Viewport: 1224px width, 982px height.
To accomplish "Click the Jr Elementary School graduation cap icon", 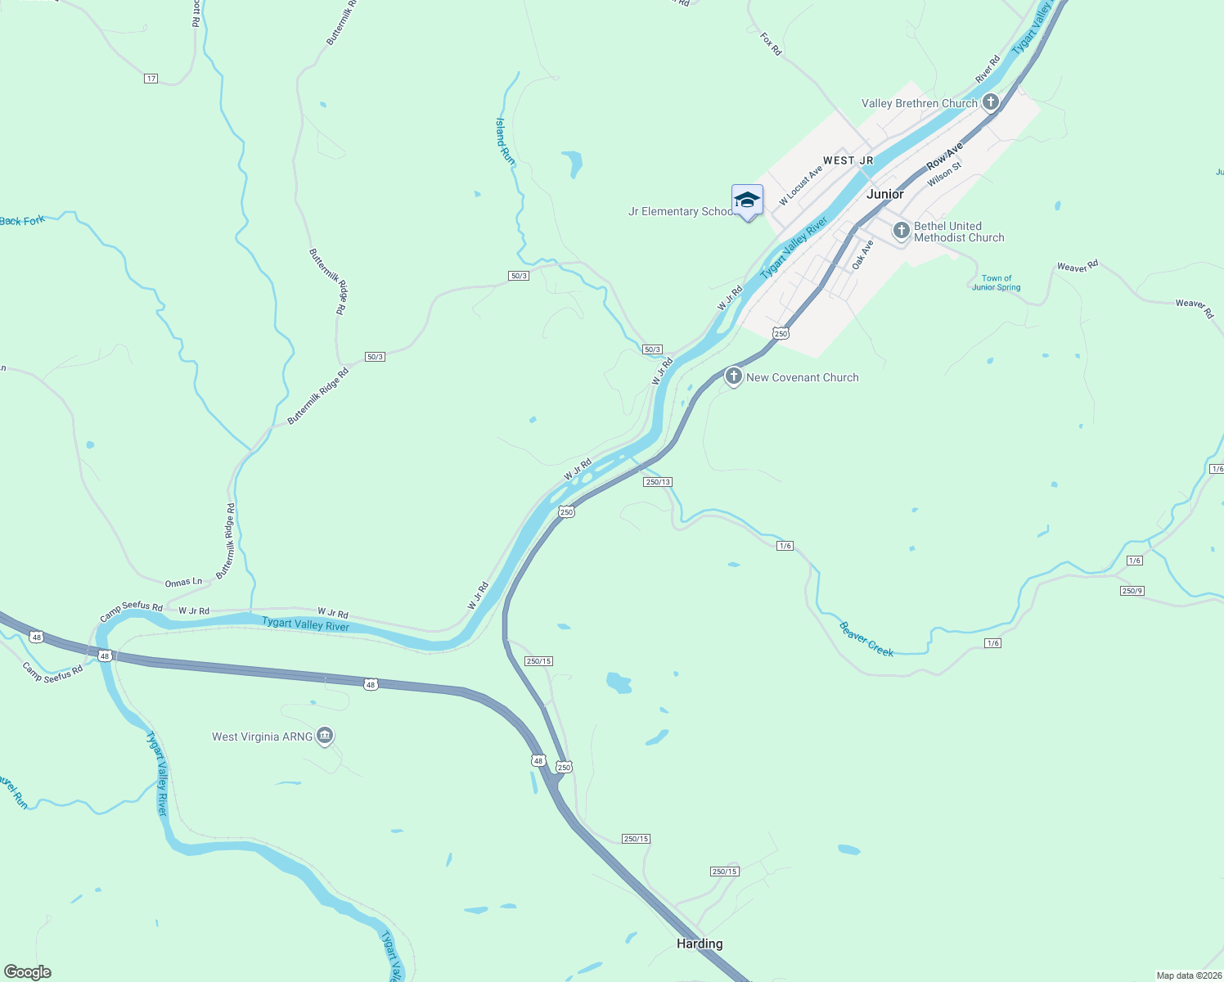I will coord(747,200).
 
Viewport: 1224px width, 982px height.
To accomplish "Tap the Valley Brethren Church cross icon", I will coord(991,102).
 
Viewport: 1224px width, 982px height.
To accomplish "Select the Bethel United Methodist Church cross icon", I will coord(901,231).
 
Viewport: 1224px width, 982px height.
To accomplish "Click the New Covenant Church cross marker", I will coord(733,376).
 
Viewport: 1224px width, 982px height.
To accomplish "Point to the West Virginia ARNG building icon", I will coord(325,736).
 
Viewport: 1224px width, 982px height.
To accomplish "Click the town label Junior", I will coord(884,194).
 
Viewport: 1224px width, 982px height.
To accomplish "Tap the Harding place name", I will coord(700,944).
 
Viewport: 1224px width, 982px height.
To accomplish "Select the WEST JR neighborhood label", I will coord(848,160).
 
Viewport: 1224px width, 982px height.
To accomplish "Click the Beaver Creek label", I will coord(866,639).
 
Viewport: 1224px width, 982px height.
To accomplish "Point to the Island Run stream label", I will coord(506,141).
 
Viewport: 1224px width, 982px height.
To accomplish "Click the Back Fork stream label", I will coord(22,221).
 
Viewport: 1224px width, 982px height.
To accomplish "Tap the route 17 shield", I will coord(151,79).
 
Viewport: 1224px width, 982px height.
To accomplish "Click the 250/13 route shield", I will coord(658,482).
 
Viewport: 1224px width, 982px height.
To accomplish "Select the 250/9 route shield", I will coord(1132,591).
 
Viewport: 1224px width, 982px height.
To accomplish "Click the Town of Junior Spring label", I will coord(996,283).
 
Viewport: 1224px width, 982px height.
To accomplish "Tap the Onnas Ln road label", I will coord(183,583).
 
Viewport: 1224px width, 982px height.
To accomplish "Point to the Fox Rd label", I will coord(771,44).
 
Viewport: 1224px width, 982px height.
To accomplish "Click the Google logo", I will coord(28,972).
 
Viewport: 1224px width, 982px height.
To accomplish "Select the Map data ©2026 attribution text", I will coord(1188,975).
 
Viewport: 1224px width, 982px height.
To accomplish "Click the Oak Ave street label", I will coord(862,255).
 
